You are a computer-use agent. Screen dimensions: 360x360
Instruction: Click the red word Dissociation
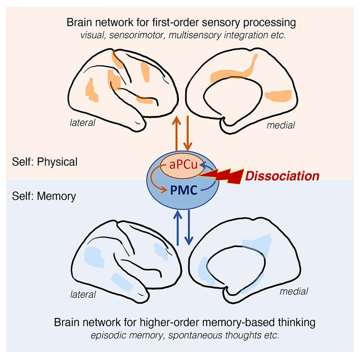click(x=282, y=176)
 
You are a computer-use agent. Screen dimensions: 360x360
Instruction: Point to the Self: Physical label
click(x=44, y=162)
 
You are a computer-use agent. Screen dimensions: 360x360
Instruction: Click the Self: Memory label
click(x=44, y=196)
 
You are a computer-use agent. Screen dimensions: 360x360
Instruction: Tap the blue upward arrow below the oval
click(x=177, y=228)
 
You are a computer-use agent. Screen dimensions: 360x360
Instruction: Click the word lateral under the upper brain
click(x=82, y=123)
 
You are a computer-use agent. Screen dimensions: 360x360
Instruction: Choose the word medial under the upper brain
click(x=280, y=125)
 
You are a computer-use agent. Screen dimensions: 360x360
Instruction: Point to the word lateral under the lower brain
click(x=83, y=294)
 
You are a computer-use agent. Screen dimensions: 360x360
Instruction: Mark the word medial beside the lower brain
click(x=293, y=291)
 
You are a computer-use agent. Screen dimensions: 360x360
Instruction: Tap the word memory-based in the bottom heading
click(x=210, y=322)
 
